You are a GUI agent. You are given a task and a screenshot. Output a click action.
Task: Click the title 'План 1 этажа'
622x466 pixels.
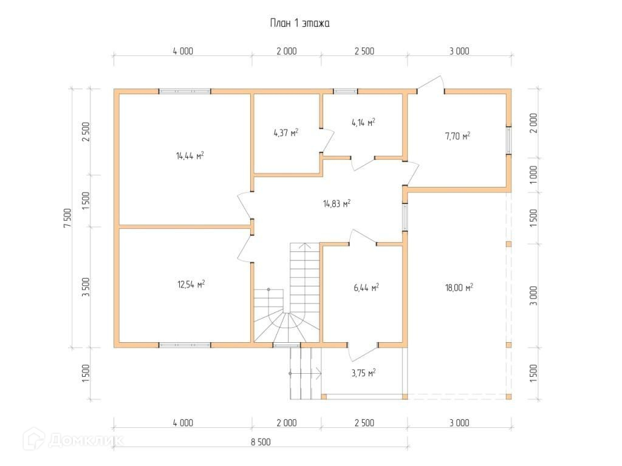(299, 23)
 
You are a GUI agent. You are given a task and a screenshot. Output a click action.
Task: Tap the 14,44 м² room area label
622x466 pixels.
(190, 156)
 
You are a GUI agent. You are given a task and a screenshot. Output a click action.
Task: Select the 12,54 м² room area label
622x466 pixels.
(190, 283)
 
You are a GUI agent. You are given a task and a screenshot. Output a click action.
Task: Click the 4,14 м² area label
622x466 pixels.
(363, 123)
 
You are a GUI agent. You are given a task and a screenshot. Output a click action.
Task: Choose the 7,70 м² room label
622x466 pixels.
(457, 136)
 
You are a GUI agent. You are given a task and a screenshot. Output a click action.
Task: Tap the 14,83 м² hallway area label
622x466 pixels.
(337, 204)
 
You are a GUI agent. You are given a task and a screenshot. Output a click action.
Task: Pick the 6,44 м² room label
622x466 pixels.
(366, 287)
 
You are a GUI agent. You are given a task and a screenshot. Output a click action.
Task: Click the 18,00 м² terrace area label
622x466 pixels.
(459, 287)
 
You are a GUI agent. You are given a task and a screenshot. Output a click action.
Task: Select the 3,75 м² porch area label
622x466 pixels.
(363, 373)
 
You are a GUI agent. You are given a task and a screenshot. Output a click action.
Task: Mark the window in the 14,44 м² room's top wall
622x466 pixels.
(185, 92)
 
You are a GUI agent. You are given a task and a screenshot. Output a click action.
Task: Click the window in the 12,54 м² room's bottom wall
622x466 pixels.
(185, 345)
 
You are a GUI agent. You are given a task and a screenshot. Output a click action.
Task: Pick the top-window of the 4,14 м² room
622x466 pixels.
(345, 92)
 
